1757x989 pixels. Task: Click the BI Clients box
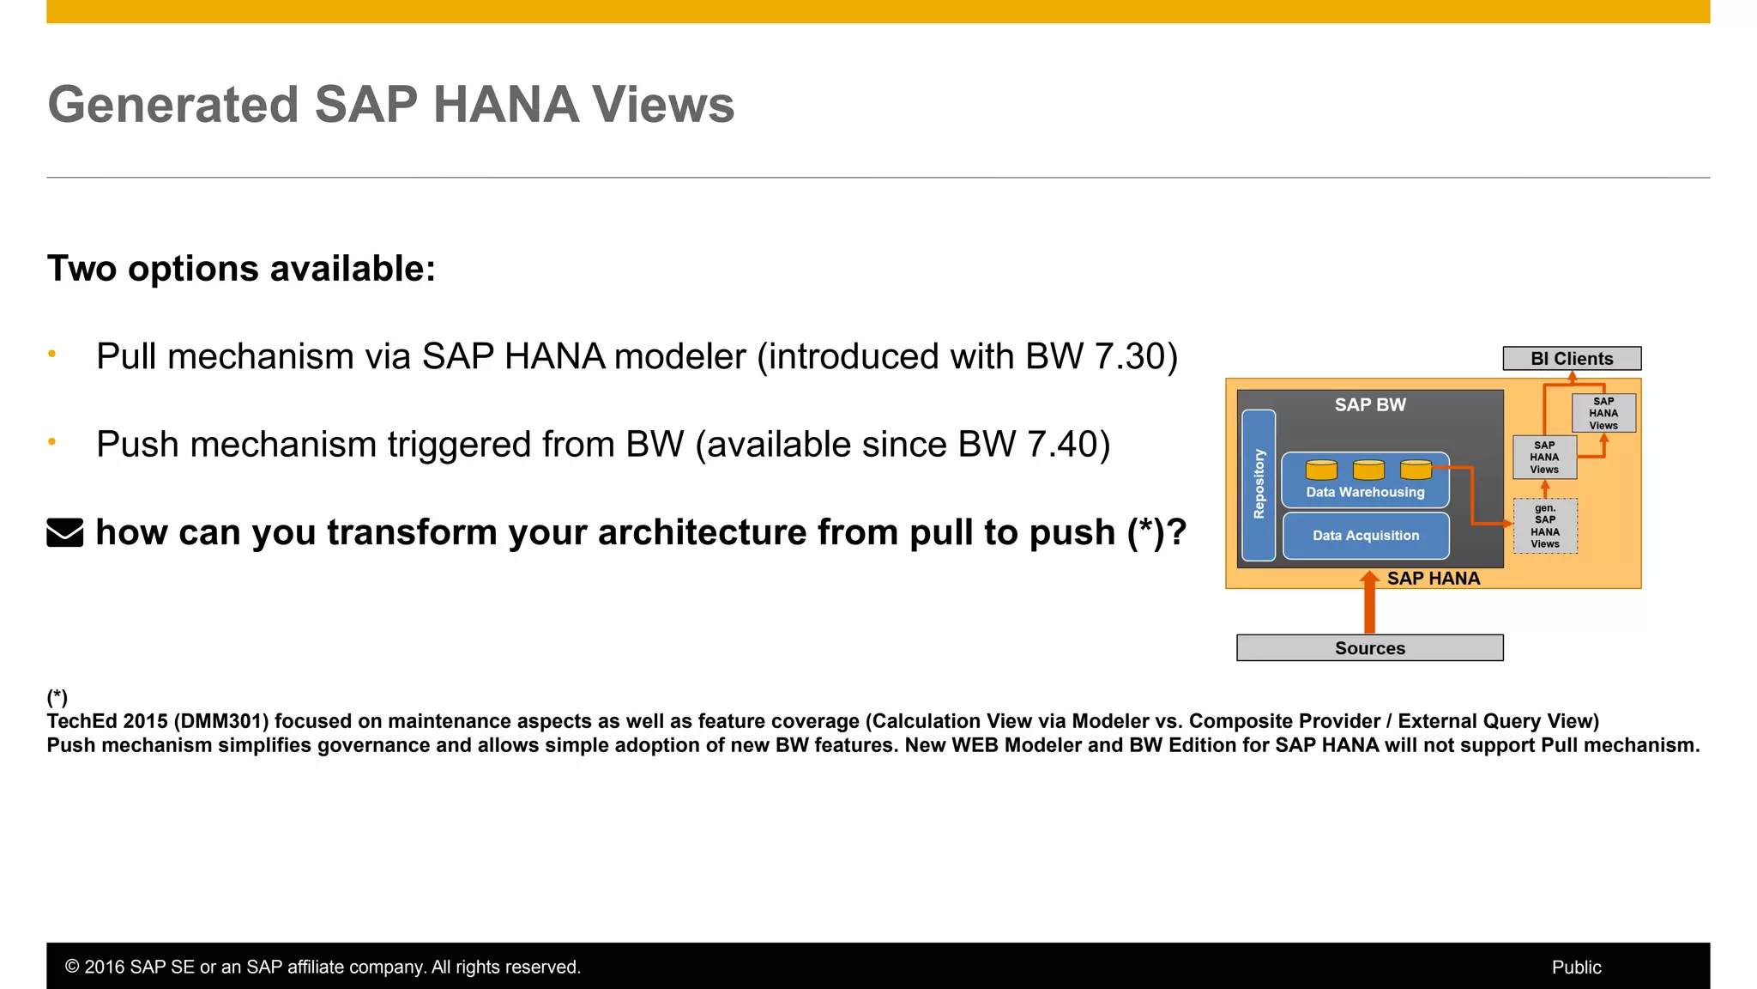click(x=1572, y=359)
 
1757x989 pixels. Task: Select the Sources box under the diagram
click(x=1369, y=648)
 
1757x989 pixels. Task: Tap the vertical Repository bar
click(x=1259, y=485)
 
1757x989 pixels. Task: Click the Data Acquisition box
click(x=1366, y=536)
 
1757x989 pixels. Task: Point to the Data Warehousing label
click(x=1365, y=493)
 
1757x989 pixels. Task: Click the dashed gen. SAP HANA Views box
click(x=1545, y=526)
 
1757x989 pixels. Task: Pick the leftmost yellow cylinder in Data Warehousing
click(x=1321, y=470)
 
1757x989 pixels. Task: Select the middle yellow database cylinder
click(x=1368, y=470)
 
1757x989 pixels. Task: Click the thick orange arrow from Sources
click(x=1369, y=605)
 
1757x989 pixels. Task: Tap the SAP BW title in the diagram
click(x=1370, y=405)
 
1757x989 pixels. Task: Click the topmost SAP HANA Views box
click(x=1603, y=413)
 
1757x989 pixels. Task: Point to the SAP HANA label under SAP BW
click(x=1434, y=579)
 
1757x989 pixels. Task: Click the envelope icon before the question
click(x=65, y=532)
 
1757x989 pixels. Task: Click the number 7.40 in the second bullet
click(x=1061, y=445)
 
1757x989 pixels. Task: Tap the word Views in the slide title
click(x=663, y=105)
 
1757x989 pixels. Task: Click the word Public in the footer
click(x=1576, y=968)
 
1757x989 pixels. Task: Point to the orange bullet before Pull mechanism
click(x=52, y=354)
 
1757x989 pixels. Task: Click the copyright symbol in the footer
click(x=72, y=968)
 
